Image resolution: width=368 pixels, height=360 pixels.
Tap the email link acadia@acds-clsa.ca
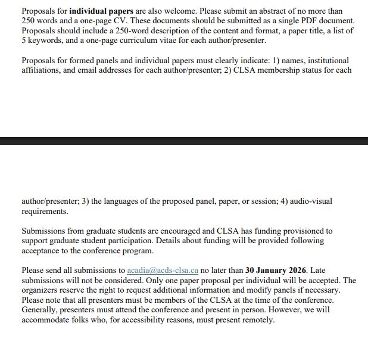(163, 271)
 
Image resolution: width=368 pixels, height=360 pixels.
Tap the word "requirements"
(44, 211)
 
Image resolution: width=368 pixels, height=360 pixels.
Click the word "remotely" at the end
(258, 319)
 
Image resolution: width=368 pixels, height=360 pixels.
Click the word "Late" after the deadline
(319, 271)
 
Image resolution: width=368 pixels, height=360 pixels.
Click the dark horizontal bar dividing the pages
(184, 141)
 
